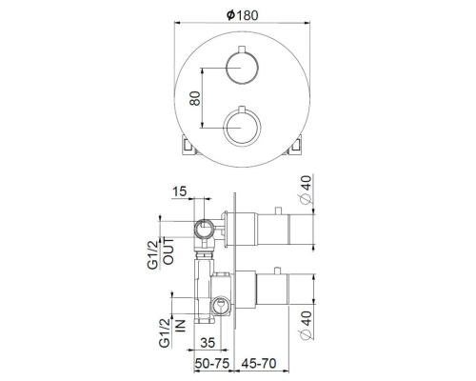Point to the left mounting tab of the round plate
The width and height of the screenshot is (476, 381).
point(185,146)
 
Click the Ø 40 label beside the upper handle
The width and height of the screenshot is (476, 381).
point(305,197)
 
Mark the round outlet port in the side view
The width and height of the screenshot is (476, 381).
point(201,229)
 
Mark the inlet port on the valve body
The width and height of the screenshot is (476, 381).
point(221,304)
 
